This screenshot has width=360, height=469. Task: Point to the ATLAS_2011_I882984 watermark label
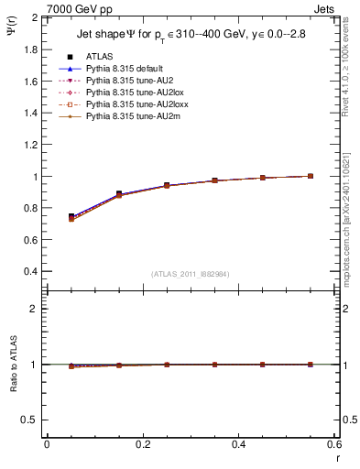[x=191, y=274]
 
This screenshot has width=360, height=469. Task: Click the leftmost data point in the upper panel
[x=71, y=217]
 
